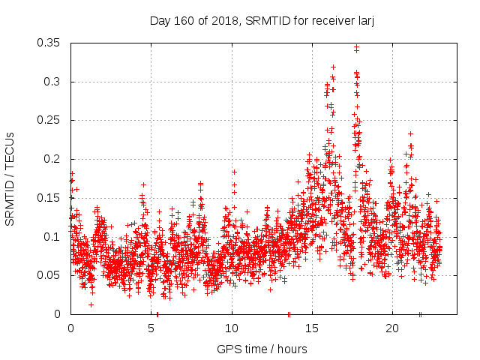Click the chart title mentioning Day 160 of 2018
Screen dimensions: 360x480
262,21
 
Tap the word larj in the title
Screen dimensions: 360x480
364,21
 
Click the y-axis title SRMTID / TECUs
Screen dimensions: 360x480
10,178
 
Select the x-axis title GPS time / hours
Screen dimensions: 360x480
262,349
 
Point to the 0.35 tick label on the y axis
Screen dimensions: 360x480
49,43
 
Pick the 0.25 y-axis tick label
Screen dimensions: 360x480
49,120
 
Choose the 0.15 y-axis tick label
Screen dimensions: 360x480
49,198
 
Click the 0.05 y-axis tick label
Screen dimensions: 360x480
49,275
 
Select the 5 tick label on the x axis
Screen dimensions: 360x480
151,328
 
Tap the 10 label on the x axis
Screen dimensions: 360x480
232,328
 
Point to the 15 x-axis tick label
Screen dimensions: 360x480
312,328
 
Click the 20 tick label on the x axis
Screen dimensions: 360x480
392,328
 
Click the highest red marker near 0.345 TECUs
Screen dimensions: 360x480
356,47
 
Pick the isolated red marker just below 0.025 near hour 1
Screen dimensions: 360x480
91,304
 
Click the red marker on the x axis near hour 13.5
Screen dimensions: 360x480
289,314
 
